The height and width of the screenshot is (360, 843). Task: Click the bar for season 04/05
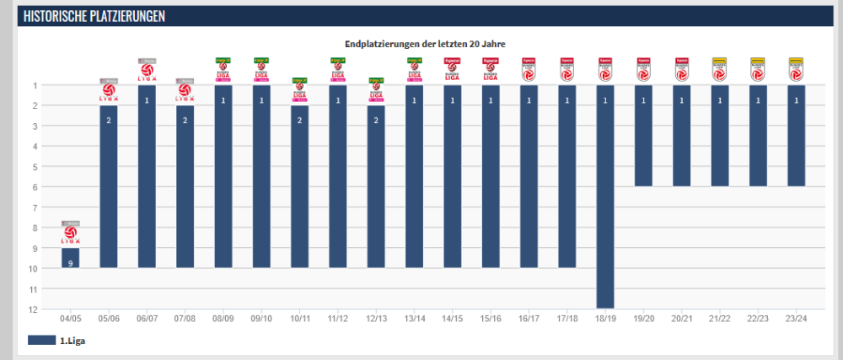pyautogui.click(x=70, y=257)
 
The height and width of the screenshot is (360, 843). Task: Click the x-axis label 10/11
pyautogui.click(x=299, y=320)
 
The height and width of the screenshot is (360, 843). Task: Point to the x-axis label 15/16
pyautogui.click(x=491, y=320)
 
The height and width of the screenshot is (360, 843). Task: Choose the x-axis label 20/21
pyautogui.click(x=681, y=320)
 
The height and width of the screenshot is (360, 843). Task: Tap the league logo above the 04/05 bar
pyautogui.click(x=70, y=234)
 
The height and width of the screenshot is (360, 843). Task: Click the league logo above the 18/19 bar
pyautogui.click(x=605, y=71)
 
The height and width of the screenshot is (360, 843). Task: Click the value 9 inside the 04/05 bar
pyautogui.click(x=70, y=264)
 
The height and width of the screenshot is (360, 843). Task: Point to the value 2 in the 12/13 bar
pyautogui.click(x=376, y=121)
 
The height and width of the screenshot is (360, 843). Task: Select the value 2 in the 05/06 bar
pyautogui.click(x=109, y=121)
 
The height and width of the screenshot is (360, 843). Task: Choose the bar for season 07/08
pyautogui.click(x=185, y=185)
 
